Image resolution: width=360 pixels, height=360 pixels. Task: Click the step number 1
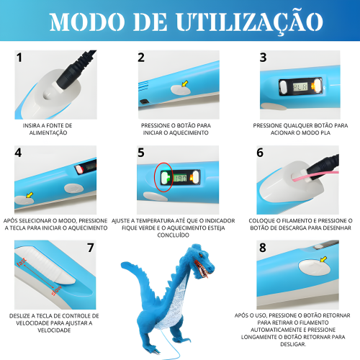19,58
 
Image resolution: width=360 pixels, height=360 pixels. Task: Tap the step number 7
91,248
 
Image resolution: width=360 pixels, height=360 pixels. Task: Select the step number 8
263,248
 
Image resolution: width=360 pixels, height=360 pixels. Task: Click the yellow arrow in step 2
185,84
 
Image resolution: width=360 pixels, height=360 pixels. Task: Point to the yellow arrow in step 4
30,195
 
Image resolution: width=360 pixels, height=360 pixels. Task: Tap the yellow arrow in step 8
323,259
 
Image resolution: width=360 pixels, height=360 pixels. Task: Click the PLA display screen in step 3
300,86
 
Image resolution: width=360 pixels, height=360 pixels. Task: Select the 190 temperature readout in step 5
180,178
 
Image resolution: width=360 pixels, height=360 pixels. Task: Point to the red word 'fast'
22,262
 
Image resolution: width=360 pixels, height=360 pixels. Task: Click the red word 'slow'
56,290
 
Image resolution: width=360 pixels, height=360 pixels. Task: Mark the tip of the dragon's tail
122,264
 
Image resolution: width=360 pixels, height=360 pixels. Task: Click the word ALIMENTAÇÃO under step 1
48,132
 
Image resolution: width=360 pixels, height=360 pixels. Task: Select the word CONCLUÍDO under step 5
174,235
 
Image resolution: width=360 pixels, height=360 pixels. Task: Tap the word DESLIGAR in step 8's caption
293,344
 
